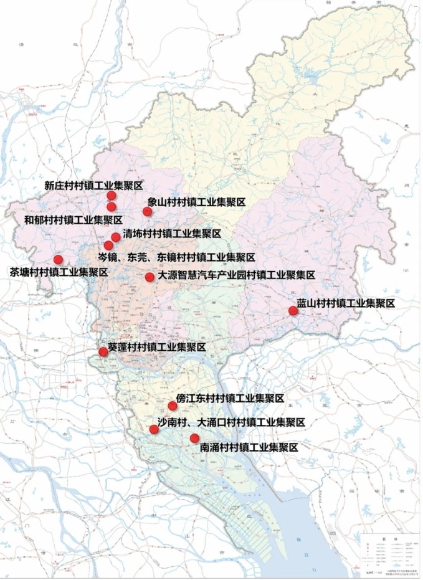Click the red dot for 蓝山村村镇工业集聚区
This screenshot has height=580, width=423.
(293, 311)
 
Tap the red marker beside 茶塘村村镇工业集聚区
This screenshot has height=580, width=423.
(58, 259)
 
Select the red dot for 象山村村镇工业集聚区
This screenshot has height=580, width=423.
(147, 211)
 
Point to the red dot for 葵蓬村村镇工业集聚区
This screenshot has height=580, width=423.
(103, 352)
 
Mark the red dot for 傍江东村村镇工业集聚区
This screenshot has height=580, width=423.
(173, 406)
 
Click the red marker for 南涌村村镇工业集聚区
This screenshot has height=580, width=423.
(194, 438)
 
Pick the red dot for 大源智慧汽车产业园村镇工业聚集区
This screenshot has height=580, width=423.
(150, 277)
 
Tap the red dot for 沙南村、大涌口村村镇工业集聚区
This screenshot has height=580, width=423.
(154, 429)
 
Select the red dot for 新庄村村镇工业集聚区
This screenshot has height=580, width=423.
(112, 196)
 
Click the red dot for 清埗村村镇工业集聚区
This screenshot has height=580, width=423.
(116, 237)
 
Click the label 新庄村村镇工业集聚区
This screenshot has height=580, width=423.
(94, 186)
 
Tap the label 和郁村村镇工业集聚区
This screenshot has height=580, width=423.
(73, 220)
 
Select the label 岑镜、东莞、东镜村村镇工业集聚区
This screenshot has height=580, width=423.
(177, 257)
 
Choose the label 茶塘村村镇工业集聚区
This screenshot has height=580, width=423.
(59, 272)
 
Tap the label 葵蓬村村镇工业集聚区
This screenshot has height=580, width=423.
(157, 348)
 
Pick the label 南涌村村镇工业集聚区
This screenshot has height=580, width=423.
(249, 447)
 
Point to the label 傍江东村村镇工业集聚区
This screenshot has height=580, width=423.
(231, 398)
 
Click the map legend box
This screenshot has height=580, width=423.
(390, 552)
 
